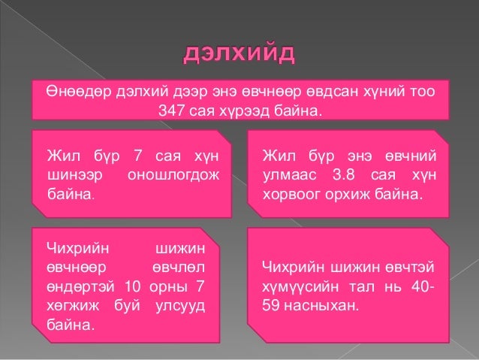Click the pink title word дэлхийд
[239, 55]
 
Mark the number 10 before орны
[133, 286]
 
